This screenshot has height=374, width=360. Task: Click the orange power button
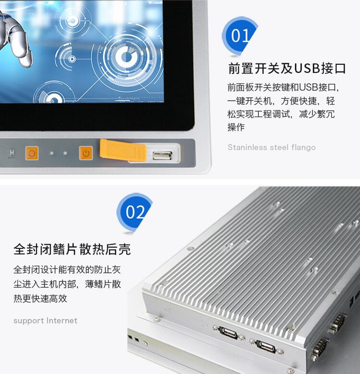tap(86, 153)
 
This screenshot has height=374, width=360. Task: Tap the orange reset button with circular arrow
tap(32, 153)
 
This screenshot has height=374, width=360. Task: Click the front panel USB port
tap(162, 155)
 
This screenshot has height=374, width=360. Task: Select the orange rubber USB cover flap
tap(123, 150)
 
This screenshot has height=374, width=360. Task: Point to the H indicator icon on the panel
tap(12, 153)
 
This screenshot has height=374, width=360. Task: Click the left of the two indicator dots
tap(52, 153)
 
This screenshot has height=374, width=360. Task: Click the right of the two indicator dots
tap(65, 153)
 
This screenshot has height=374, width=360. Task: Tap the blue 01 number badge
tap(240, 36)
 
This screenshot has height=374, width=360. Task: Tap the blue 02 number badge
tap(134, 212)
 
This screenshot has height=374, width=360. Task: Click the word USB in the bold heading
tap(307, 68)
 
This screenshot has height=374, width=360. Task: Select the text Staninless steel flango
tap(272, 147)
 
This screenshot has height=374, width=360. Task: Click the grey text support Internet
tap(45, 321)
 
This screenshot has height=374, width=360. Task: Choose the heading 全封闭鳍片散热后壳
tap(72, 249)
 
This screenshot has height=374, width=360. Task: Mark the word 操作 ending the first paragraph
tap(236, 127)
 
